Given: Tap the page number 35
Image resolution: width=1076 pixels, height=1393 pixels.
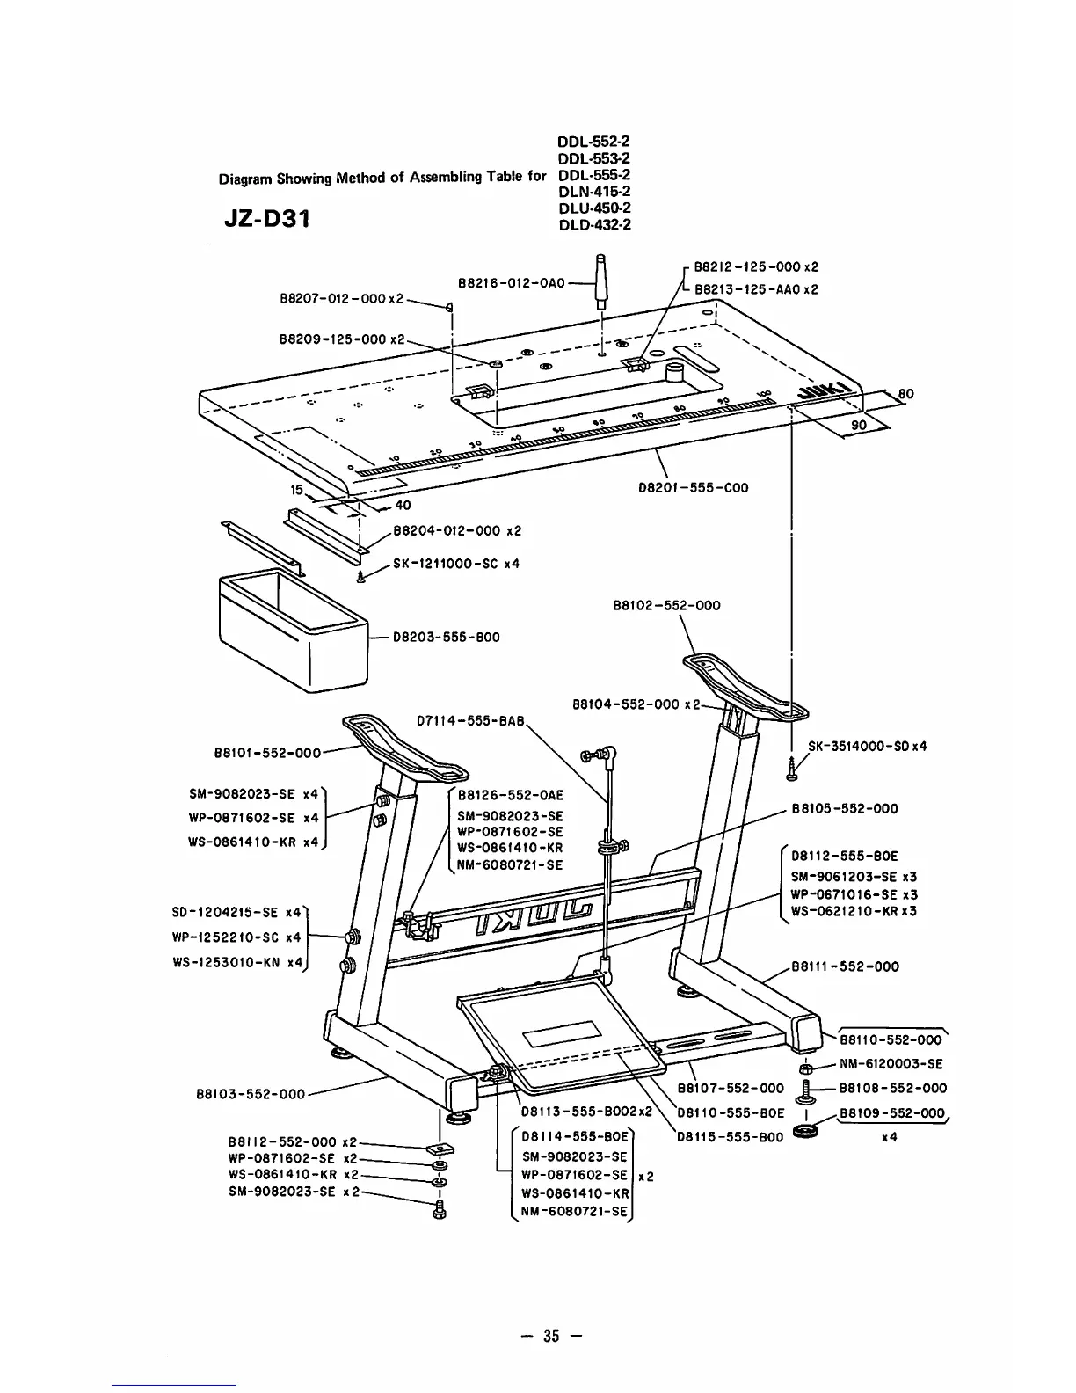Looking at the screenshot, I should [x=551, y=1336].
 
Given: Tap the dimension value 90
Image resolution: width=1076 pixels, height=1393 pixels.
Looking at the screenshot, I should [x=859, y=426].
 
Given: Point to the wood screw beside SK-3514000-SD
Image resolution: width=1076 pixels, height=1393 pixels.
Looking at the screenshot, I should [x=792, y=769].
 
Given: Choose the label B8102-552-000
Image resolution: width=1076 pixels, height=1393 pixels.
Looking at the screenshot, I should [x=665, y=605].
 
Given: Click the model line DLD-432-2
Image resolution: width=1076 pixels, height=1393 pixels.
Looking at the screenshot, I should [x=594, y=224].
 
